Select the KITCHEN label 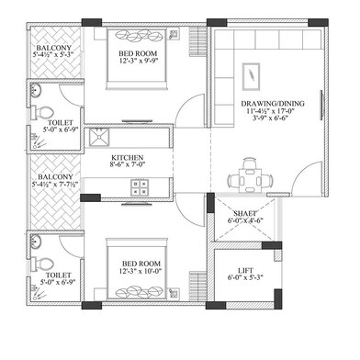click(127, 158)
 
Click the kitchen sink click(98, 139)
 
